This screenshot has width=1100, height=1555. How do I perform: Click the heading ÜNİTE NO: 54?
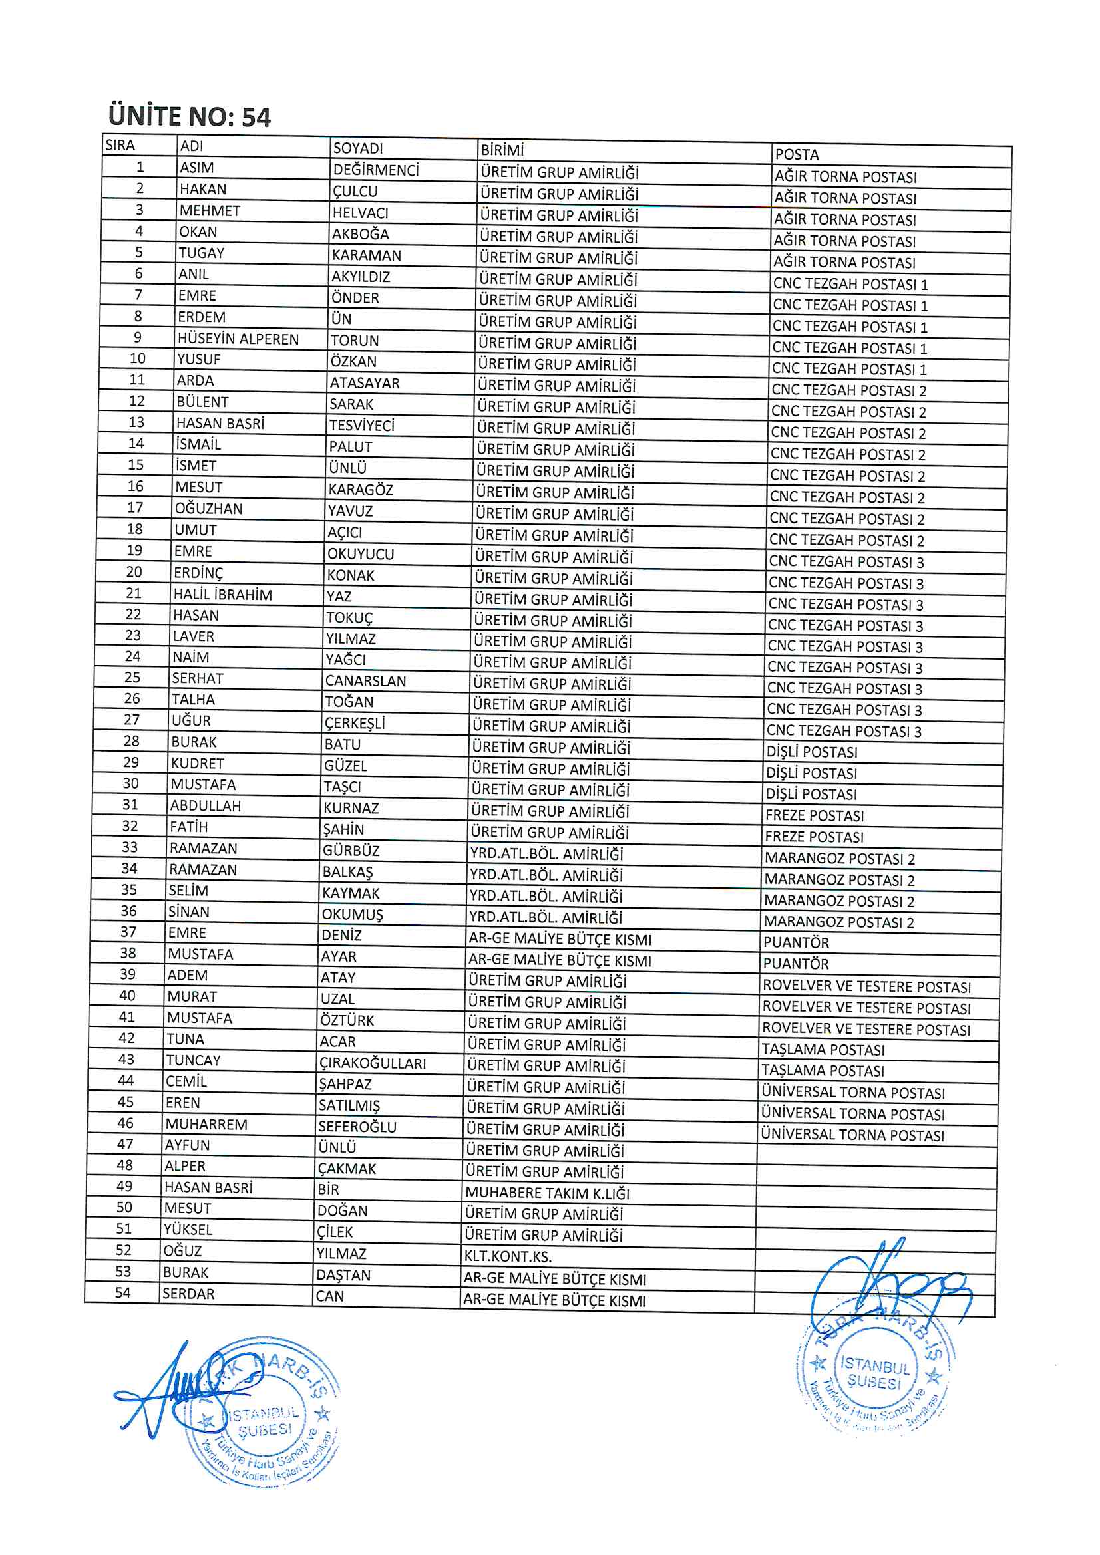pos(189,116)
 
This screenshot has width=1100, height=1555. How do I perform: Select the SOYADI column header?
pos(358,148)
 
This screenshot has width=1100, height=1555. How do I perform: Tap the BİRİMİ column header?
pos(502,150)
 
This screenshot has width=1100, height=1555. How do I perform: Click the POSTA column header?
pos(797,154)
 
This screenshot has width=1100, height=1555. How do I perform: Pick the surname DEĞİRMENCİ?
pos(376,170)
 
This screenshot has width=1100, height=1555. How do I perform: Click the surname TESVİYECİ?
pos(362,425)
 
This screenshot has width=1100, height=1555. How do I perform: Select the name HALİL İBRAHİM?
pos(222,595)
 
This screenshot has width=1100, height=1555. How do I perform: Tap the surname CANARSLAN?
pos(365,680)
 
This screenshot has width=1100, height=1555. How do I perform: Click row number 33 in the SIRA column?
pos(130,847)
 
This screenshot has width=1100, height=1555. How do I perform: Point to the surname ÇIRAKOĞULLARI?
pos(373,1063)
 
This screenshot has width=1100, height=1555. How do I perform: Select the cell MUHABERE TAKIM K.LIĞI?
pos(547,1193)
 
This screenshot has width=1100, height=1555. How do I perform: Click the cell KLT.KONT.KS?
pos(508,1256)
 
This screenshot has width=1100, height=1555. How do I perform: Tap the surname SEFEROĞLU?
pos(357,1126)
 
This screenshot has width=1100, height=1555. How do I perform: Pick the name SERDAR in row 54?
pos(188,1294)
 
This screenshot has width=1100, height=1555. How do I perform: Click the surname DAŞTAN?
pos(343,1275)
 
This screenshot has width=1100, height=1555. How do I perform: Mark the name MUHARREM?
pos(206,1124)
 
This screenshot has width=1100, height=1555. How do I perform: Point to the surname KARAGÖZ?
pos(361,490)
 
